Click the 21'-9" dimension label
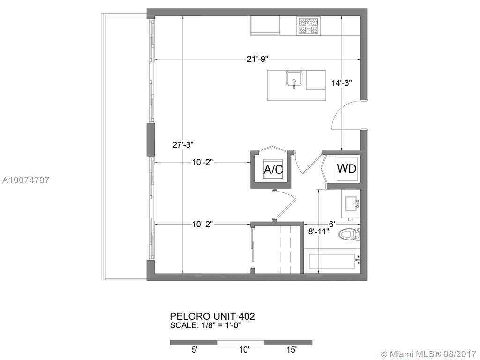257,59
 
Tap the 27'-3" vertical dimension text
183,145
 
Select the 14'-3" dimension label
342,82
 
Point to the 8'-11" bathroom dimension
319,232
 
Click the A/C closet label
273,169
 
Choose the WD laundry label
347,168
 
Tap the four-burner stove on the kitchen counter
308,26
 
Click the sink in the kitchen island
294,79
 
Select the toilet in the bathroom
350,234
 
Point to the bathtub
332,261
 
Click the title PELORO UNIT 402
212,316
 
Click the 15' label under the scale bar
292,350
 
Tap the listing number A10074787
26,180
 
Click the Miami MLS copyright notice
428,354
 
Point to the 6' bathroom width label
333,224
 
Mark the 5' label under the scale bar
195,350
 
